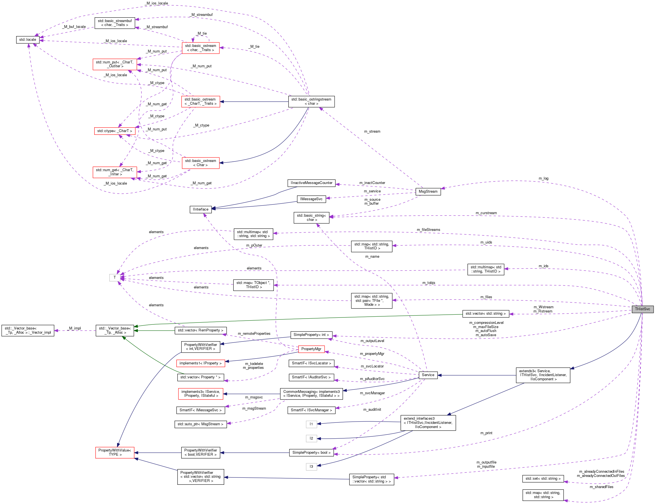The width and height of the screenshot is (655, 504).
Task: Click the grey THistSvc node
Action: click(x=642, y=309)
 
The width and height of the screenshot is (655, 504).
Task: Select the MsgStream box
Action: click(x=427, y=191)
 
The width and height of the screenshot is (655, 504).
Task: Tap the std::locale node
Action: click(x=28, y=40)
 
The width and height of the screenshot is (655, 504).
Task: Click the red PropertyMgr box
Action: click(x=311, y=349)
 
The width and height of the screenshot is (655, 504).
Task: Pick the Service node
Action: click(x=427, y=375)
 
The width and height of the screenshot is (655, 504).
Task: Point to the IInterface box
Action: click(x=200, y=209)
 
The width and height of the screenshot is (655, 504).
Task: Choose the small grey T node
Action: click(x=114, y=278)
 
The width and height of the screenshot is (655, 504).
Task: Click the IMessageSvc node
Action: click(x=311, y=199)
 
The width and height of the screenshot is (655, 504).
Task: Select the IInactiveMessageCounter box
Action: click(x=311, y=183)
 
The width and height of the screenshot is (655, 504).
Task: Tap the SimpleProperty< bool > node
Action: click(x=311, y=452)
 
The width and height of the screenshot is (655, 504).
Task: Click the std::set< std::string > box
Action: click(x=543, y=479)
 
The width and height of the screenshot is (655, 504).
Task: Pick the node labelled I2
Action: click(x=311, y=438)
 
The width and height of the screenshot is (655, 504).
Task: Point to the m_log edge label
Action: click(x=543, y=178)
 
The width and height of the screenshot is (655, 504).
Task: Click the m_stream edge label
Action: click(x=372, y=132)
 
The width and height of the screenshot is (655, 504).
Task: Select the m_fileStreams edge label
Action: click(x=428, y=230)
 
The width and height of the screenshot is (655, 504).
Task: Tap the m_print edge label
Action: click(x=486, y=433)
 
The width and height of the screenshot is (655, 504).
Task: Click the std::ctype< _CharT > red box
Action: click(x=114, y=131)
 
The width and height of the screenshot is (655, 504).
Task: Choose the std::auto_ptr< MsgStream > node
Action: click(x=200, y=424)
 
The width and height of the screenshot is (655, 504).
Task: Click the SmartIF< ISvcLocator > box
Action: click(x=311, y=363)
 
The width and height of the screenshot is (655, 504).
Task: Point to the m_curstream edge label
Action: click(x=486, y=213)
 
